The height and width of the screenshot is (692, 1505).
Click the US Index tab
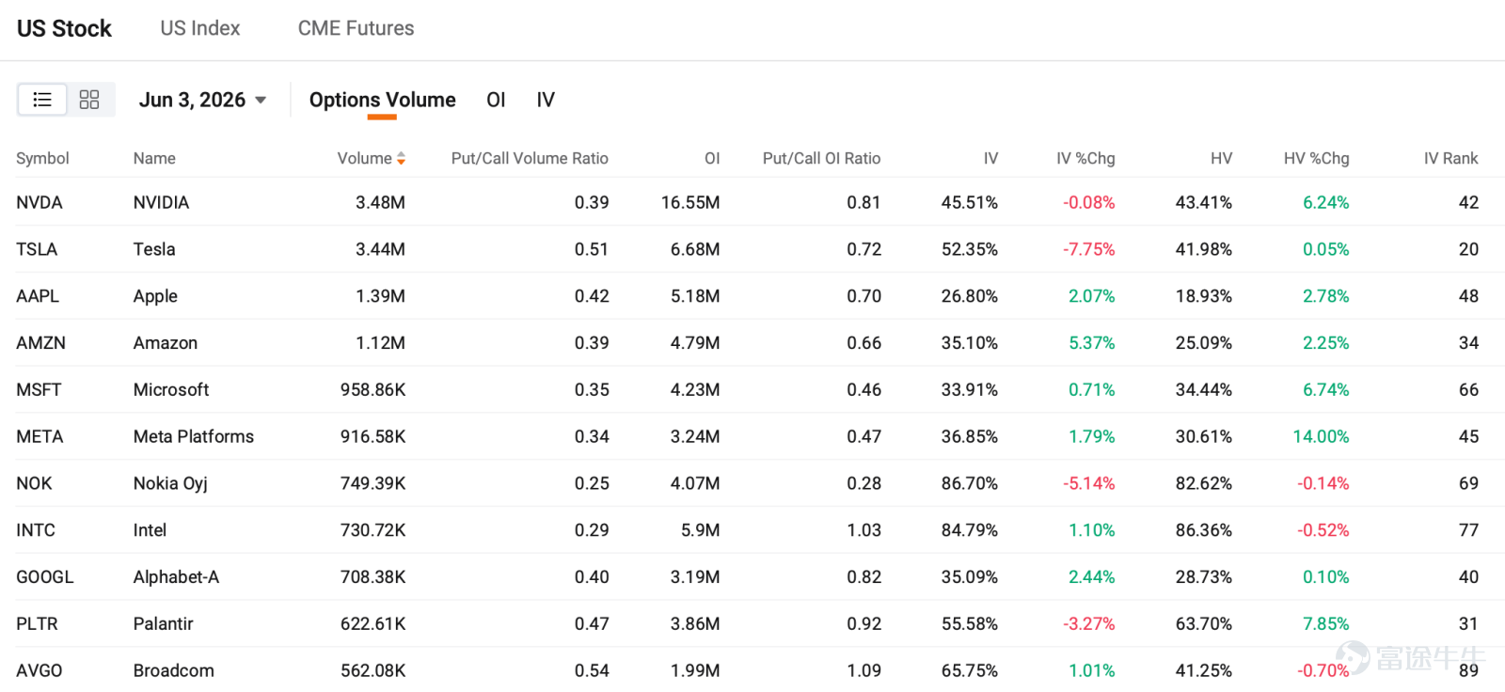pyautogui.click(x=199, y=28)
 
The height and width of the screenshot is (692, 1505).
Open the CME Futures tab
pyautogui.click(x=356, y=28)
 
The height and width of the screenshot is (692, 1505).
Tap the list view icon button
pyautogui.click(x=42, y=100)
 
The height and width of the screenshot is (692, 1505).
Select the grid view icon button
pyautogui.click(x=89, y=100)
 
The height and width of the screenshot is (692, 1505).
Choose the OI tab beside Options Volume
pyautogui.click(x=496, y=100)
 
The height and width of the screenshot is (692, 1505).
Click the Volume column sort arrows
pyautogui.click(x=401, y=159)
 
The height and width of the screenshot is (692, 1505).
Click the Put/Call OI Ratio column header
pyautogui.click(x=821, y=159)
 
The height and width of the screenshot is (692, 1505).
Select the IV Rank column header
pyautogui.click(x=1450, y=159)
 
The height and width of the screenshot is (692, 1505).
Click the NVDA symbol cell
pyautogui.click(x=39, y=203)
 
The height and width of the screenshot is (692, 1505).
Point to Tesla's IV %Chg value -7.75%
pyautogui.click(x=1088, y=250)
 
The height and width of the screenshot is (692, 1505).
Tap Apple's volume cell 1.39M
pyautogui.click(x=380, y=296)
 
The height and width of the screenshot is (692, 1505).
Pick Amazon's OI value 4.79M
pyautogui.click(x=695, y=343)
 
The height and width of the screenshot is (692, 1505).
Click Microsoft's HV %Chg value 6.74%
pyautogui.click(x=1325, y=390)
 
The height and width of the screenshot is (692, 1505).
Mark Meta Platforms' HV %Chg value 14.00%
pyautogui.click(x=1321, y=436)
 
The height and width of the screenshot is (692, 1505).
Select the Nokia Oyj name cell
pyautogui.click(x=170, y=483)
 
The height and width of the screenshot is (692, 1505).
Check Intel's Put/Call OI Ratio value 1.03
pyautogui.click(x=863, y=531)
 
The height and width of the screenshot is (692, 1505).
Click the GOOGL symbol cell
pyautogui.click(x=44, y=577)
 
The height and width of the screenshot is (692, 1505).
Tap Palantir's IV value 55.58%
pyautogui.click(x=970, y=624)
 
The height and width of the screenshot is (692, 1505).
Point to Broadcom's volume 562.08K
pyautogui.click(x=372, y=670)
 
